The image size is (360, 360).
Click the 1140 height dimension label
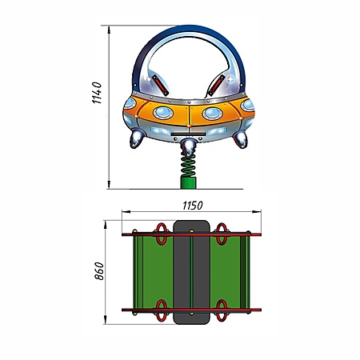[97, 93]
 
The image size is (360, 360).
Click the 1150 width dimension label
[193, 206]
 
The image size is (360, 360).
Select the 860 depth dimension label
[99, 271]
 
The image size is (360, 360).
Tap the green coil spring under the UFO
[188, 166]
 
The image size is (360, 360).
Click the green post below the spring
[188, 183]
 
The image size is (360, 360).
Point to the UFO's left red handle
[160, 85]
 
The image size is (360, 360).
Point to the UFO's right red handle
[217, 85]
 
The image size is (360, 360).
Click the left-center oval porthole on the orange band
[163, 113]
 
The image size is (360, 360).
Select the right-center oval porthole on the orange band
[213, 114]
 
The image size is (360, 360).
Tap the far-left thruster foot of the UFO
[137, 138]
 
